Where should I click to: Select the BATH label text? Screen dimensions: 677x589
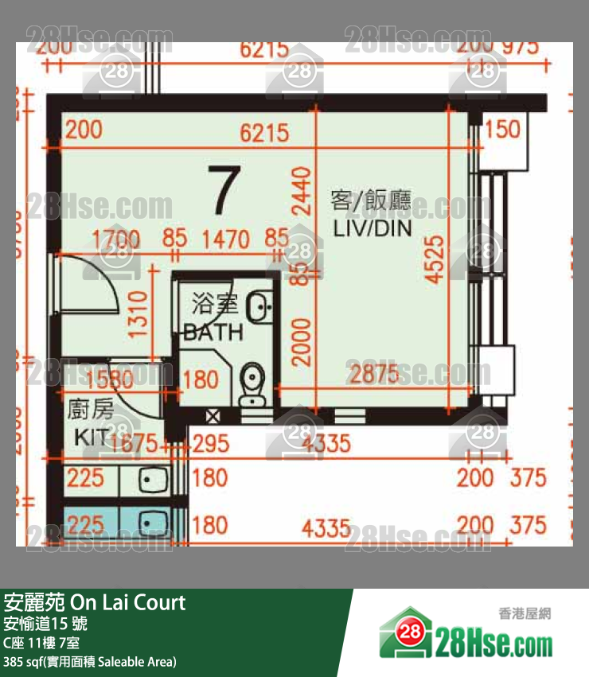[x=213, y=332]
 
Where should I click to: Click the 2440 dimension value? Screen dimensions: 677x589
[x=300, y=191]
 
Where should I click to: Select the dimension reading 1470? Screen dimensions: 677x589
[x=225, y=239]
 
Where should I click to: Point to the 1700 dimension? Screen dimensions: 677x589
[x=115, y=239]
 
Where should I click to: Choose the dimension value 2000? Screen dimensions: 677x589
[x=300, y=340]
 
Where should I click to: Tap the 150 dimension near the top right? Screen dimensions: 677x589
[x=502, y=129]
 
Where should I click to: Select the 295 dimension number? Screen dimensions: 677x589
[x=210, y=442]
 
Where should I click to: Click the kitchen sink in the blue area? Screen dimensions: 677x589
[x=150, y=523]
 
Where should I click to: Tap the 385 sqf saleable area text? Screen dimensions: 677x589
[x=90, y=662]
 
